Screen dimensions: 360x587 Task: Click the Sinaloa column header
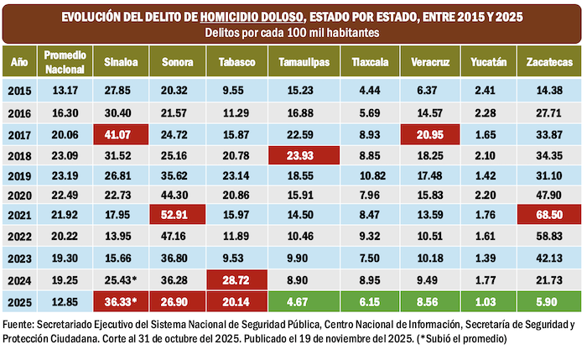[121, 62]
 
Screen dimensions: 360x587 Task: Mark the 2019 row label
[19, 176]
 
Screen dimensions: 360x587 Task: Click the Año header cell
[19, 62]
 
